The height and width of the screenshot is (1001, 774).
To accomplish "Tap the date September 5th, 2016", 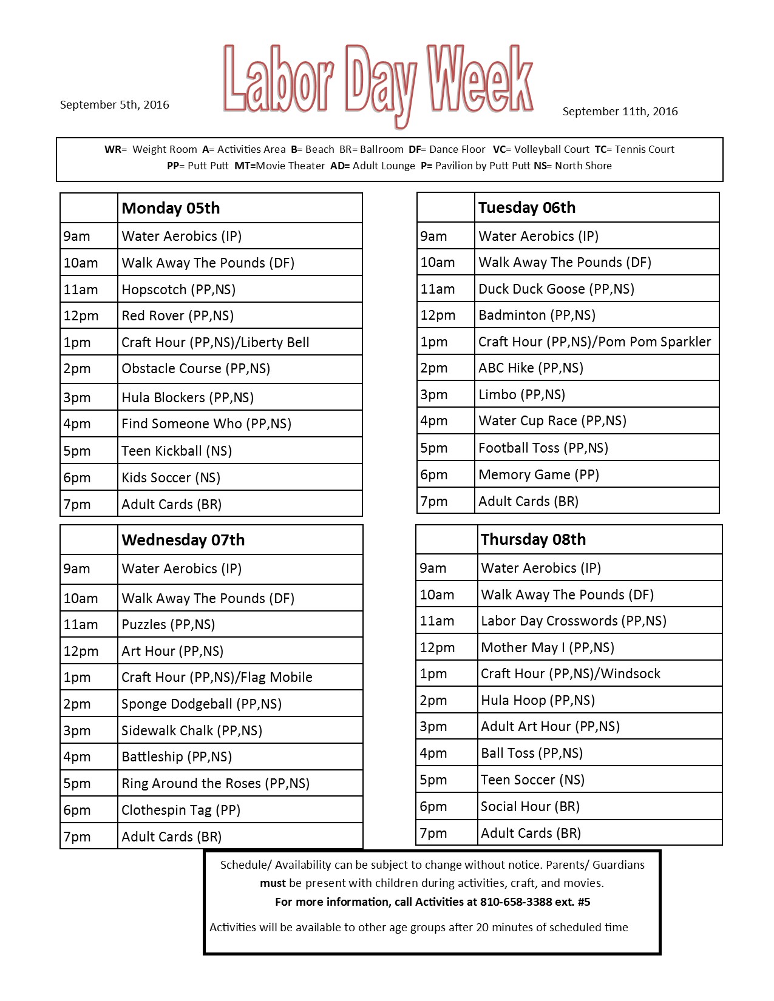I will tap(114, 105).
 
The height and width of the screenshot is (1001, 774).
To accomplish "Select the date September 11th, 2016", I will tap(620, 112).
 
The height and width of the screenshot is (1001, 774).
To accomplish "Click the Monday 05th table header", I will tap(171, 209).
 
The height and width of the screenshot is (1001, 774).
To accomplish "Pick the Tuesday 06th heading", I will tap(526, 208).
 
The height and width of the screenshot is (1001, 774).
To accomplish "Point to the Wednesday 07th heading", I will tap(183, 541).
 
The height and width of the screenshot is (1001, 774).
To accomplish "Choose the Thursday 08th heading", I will tap(533, 540).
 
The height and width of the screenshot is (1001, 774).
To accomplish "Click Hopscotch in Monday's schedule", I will tap(178, 290).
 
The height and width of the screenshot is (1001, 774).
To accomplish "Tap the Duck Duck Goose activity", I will tap(556, 289).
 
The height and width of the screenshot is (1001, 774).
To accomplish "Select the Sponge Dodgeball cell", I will tap(201, 704).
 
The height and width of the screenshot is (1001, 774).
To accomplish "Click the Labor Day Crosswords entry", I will tap(573, 621).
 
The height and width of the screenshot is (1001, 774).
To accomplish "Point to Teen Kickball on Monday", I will tap(176, 451).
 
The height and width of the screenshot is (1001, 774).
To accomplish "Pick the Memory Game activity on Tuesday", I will tap(538, 475).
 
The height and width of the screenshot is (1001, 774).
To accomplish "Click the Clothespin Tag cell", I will tap(180, 811).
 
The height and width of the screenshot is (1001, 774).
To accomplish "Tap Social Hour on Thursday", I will tap(530, 807).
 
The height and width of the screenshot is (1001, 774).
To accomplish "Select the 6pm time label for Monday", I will tap(77, 478).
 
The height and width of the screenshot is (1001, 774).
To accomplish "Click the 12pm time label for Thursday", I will tap(437, 648).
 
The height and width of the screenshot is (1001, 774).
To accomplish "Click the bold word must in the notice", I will tap(273, 883).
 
